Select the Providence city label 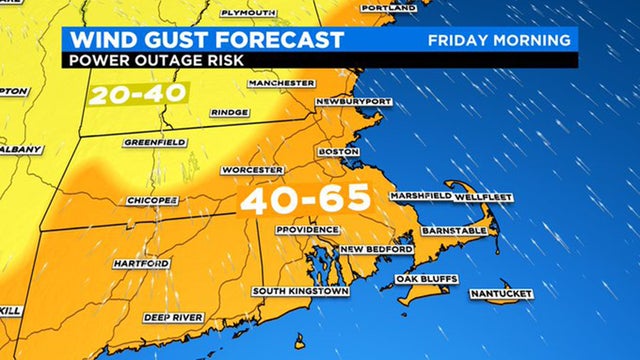tap(308, 229)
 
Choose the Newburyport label tap(352, 103)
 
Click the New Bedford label tap(376, 249)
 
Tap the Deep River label tap(173, 317)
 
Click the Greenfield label tap(152, 142)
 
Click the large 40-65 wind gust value tap(304, 200)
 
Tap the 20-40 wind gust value tap(126, 95)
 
